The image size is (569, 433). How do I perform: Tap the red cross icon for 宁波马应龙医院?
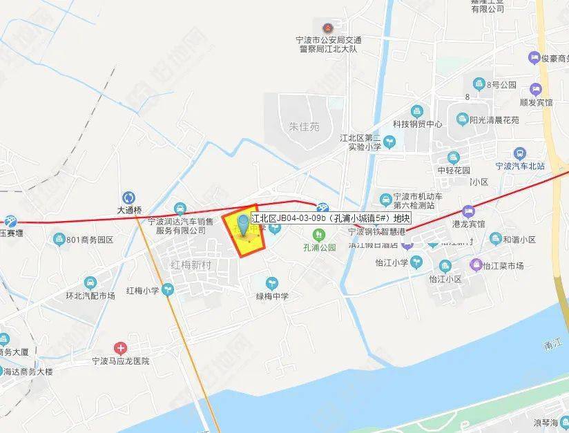121,347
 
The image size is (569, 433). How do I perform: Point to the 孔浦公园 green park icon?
318,233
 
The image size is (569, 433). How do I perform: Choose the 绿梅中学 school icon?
271,283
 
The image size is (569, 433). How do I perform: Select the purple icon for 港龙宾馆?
469,211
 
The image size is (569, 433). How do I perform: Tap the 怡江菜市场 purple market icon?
476,264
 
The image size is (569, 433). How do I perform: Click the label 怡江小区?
445,280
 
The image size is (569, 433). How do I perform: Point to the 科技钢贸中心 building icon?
417,111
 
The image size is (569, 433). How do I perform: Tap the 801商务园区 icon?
59,240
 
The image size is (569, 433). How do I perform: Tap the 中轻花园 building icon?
453,158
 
